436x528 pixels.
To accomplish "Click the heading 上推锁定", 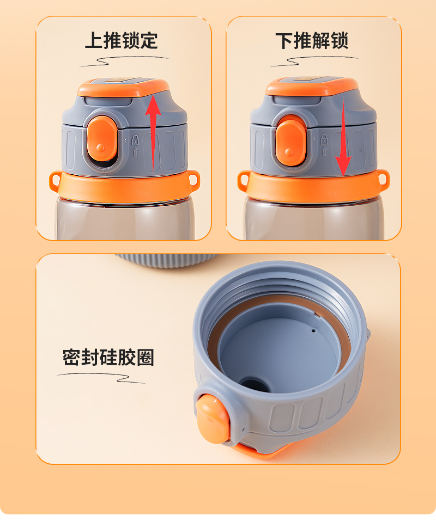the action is [122, 41].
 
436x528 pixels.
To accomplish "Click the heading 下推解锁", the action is [312, 41].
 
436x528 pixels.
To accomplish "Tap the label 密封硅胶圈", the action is [108, 357].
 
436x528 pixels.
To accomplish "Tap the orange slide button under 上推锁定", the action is [102, 138].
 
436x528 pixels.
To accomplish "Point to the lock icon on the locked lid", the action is [135, 139].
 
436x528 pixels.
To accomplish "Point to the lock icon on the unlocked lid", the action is [324, 139].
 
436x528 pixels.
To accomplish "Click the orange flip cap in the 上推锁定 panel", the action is [123, 87].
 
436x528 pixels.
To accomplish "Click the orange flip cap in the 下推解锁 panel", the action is [312, 86].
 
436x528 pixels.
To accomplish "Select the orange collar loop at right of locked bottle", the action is [193, 179].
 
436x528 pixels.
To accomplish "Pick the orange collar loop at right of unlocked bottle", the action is [383, 178].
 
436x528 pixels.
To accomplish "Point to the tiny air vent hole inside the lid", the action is [313, 330].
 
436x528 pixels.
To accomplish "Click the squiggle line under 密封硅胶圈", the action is [101, 378].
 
